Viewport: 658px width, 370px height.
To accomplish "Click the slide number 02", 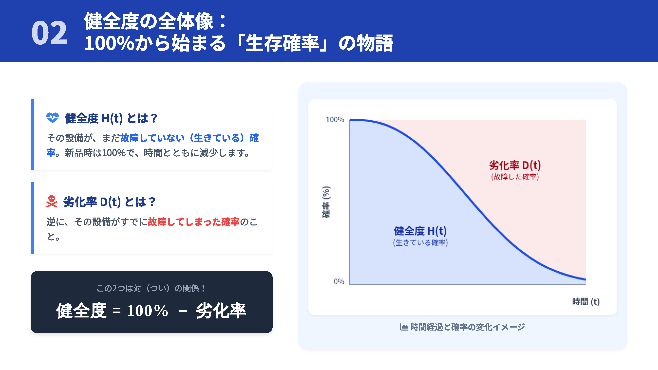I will (49, 33).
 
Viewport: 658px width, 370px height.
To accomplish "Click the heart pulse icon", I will (52, 118).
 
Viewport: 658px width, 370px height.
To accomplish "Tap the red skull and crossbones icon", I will (52, 202).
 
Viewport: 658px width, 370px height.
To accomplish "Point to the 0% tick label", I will (339, 281).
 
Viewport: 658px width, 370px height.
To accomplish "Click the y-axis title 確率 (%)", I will (326, 202).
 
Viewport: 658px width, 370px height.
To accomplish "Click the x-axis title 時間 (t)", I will (585, 302).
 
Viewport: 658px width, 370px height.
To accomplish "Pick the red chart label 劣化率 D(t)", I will (515, 165).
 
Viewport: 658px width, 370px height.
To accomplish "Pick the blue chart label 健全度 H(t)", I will (420, 231).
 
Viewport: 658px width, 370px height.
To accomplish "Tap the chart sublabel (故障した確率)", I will (515, 177).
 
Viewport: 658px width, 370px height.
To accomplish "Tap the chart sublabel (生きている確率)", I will (420, 242).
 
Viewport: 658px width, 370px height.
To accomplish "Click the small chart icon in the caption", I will (404, 327).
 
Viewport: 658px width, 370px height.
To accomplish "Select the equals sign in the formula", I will (116, 311).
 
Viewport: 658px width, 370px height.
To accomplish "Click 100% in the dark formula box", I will (148, 311).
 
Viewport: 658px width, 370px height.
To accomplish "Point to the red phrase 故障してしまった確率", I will (194, 222).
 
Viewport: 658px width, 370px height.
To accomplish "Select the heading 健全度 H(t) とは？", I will (111, 118).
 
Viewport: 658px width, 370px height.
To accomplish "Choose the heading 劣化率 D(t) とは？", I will (109, 202).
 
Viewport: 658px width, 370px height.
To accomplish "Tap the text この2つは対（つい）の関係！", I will (151, 288).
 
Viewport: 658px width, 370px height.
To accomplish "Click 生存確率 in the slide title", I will (282, 43).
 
